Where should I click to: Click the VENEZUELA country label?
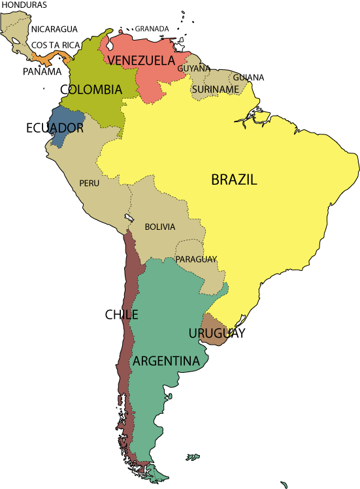click(141, 61)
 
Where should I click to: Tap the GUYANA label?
click(193, 68)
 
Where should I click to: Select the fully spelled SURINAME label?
click(215, 89)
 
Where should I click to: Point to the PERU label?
click(90, 183)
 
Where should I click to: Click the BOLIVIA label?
click(160, 227)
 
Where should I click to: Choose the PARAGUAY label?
click(196, 259)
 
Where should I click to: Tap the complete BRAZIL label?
click(234, 180)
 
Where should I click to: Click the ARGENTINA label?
click(166, 361)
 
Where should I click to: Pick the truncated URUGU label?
click(208, 334)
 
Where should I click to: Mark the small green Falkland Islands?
click(192, 457)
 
